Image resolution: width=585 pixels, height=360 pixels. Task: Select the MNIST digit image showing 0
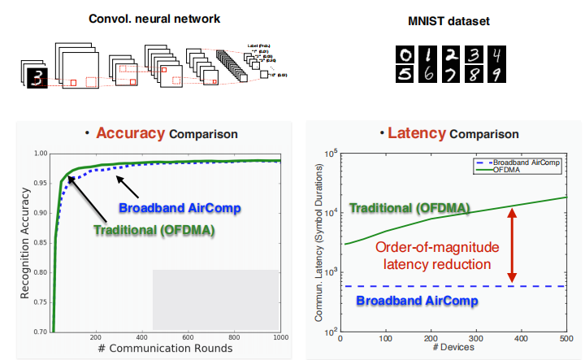(404, 55)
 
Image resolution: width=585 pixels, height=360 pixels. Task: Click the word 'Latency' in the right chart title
(417, 132)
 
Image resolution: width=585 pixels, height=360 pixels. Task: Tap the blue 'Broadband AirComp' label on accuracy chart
(179, 207)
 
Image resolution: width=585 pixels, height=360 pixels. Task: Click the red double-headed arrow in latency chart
(512, 245)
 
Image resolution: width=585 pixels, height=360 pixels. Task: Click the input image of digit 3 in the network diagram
(35, 78)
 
